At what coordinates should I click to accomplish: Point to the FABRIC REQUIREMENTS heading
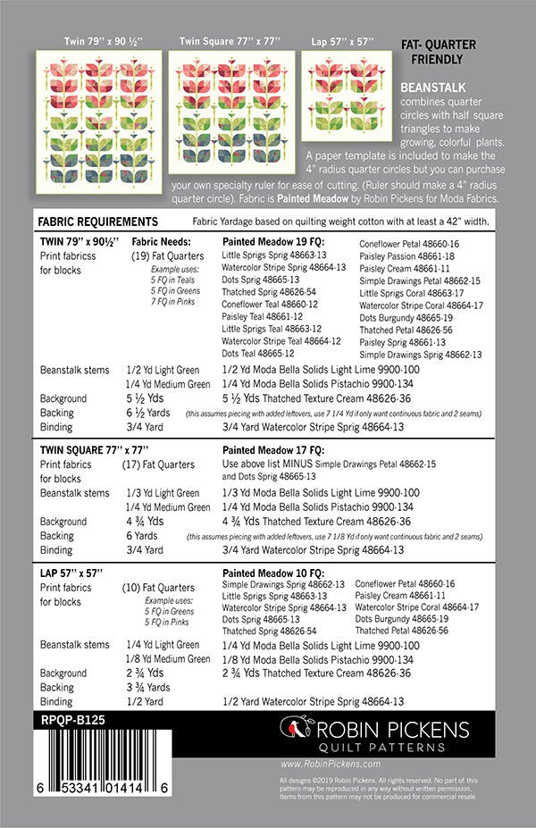(98, 222)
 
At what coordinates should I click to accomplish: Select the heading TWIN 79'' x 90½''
(77, 241)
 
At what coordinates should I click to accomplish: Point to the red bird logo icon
(291, 729)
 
